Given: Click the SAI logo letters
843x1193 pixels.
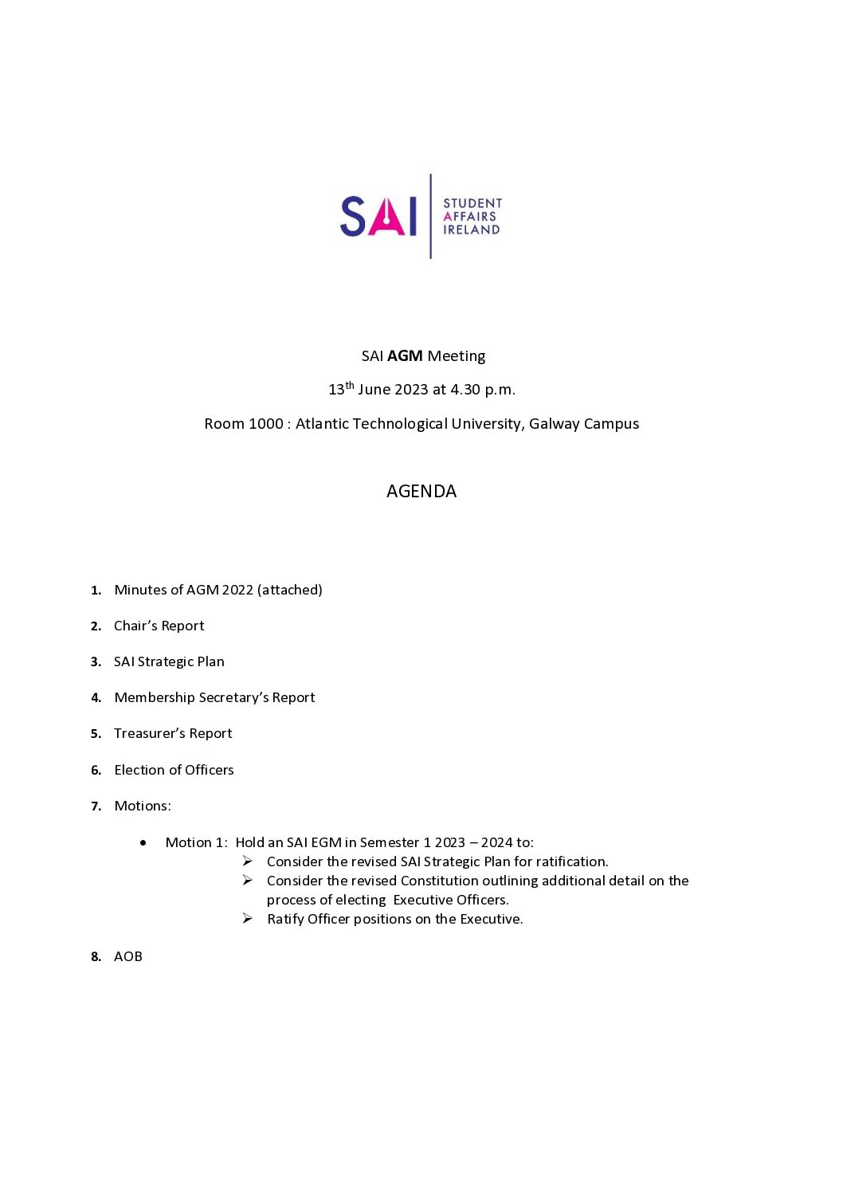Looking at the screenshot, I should tap(378, 217).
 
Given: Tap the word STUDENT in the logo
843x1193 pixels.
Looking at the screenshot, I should tap(472, 203).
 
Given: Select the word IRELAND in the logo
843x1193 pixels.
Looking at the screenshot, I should tap(472, 230).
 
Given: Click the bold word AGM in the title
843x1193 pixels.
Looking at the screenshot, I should tap(405, 356).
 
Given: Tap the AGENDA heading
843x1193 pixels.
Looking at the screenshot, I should tap(421, 492).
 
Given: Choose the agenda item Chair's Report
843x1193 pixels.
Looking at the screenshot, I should tap(159, 626).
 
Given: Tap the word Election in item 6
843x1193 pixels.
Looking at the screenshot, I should tap(139, 771).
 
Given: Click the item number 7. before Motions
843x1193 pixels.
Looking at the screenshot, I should tap(96, 806).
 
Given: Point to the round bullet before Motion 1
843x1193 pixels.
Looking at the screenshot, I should tap(143, 842).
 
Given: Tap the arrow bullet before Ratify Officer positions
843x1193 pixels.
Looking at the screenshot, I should tap(248, 919).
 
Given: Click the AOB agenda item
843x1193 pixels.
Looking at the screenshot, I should tap(128, 957).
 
